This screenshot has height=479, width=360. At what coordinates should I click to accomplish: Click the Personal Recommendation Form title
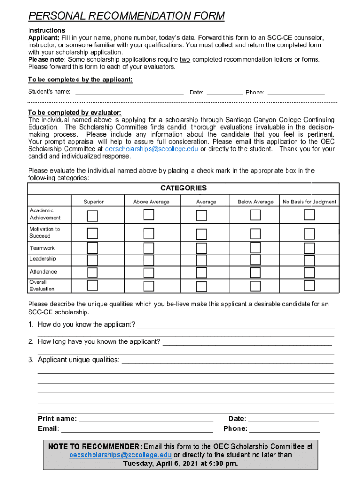pyautogui.click(x=126, y=16)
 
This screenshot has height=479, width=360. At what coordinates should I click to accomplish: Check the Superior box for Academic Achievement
pyautogui.click(x=93, y=215)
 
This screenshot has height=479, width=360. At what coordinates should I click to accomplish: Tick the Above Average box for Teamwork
pyautogui.click(x=149, y=248)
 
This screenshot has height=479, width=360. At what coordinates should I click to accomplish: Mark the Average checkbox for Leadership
pyautogui.click(x=202, y=260)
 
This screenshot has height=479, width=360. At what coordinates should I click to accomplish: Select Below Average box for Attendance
pyautogui.click(x=255, y=272)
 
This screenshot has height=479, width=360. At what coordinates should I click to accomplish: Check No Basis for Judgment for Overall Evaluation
pyautogui.click(x=309, y=285)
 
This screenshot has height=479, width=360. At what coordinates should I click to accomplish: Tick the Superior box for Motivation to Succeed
pyautogui.click(x=93, y=233)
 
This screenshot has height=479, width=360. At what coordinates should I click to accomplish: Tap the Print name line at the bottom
pyautogui.click(x=146, y=419)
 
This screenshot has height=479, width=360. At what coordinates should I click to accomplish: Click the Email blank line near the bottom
pyautogui.click(x=137, y=429)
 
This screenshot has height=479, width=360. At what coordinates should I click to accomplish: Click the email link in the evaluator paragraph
pyautogui.click(x=151, y=149)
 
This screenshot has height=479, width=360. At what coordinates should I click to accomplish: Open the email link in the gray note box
pyautogui.click(x=120, y=455)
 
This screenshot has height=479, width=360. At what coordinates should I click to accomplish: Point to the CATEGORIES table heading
pyautogui.click(x=183, y=188)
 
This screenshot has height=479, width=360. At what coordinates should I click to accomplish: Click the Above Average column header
pyautogui.click(x=151, y=202)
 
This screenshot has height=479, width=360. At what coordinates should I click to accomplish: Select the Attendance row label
pyautogui.click(x=43, y=272)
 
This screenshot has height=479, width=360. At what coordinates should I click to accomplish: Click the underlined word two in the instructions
pyautogui.click(x=185, y=59)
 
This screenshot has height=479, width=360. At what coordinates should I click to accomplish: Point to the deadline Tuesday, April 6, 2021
pyautogui.click(x=180, y=464)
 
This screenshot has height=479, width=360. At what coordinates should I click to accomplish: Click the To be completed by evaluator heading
pyautogui.click(x=74, y=113)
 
